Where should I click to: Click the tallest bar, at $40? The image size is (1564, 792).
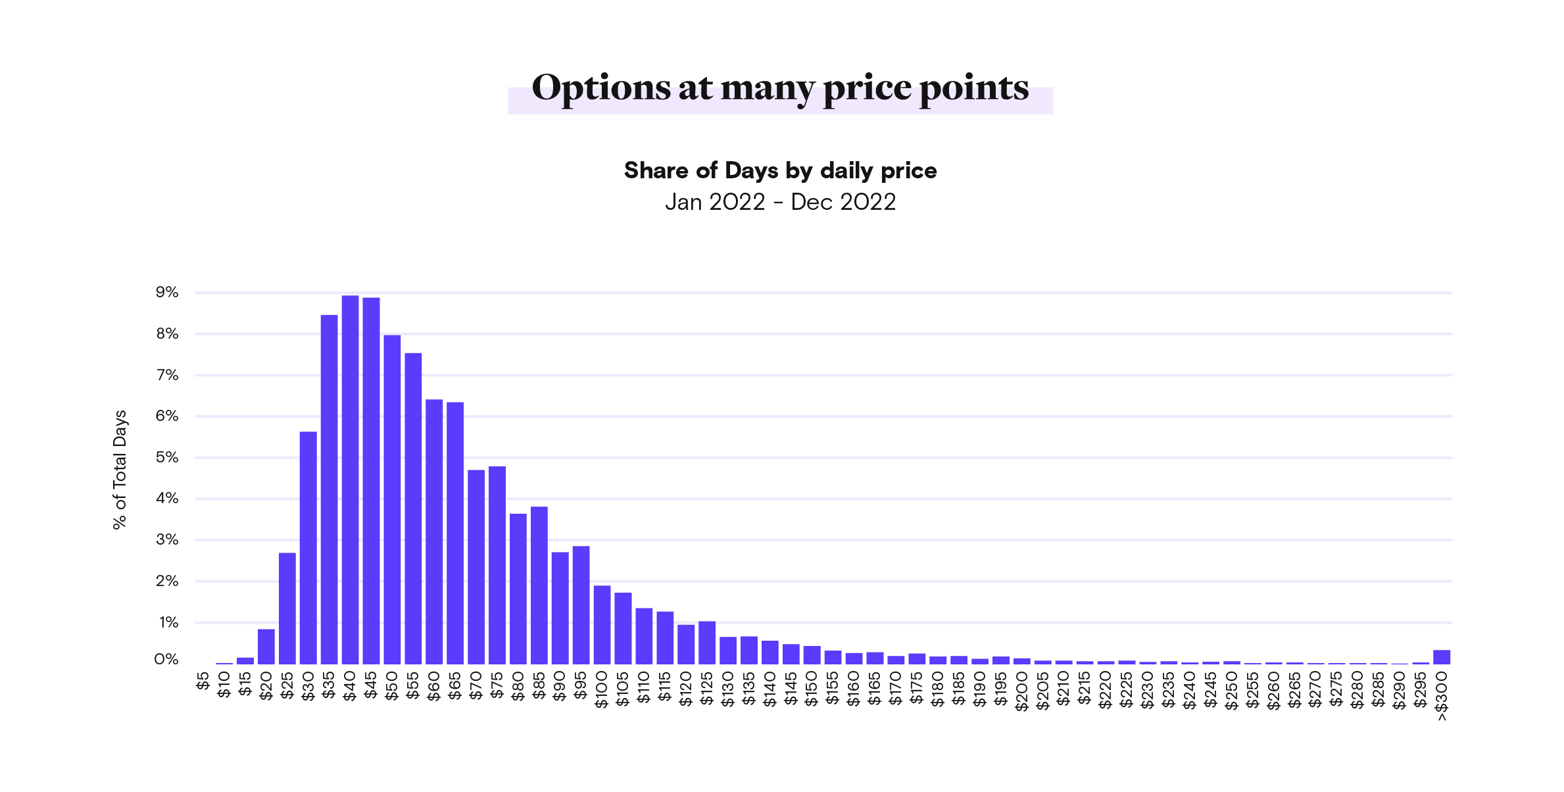pyautogui.click(x=350, y=480)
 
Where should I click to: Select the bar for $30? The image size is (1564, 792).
pyautogui.click(x=308, y=547)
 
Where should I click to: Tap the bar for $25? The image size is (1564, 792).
pyautogui.click(x=287, y=608)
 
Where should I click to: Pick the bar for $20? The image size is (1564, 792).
pyautogui.click(x=266, y=646)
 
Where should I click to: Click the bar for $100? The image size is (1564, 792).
pyautogui.click(x=602, y=624)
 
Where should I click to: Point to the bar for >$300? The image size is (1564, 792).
pyautogui.click(x=1442, y=656)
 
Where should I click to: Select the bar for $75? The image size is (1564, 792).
pyautogui.click(x=497, y=565)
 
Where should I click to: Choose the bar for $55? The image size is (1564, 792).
pyautogui.click(x=413, y=508)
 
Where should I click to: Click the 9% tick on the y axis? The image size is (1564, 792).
pyautogui.click(x=167, y=293)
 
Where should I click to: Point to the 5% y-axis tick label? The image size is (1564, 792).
pyautogui.click(x=167, y=458)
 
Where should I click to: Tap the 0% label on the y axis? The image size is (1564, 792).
pyautogui.click(x=166, y=660)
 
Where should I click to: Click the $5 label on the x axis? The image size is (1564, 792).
pyautogui.click(x=203, y=682)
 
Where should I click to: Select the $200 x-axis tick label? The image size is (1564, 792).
pyautogui.click(x=1021, y=691)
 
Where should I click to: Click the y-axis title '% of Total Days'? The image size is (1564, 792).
pyautogui.click(x=120, y=470)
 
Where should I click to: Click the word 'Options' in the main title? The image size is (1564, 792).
pyautogui.click(x=600, y=88)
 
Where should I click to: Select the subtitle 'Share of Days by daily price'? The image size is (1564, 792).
pyautogui.click(x=780, y=171)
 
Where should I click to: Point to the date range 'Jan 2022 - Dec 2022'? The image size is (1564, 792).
pyautogui.click(x=780, y=202)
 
